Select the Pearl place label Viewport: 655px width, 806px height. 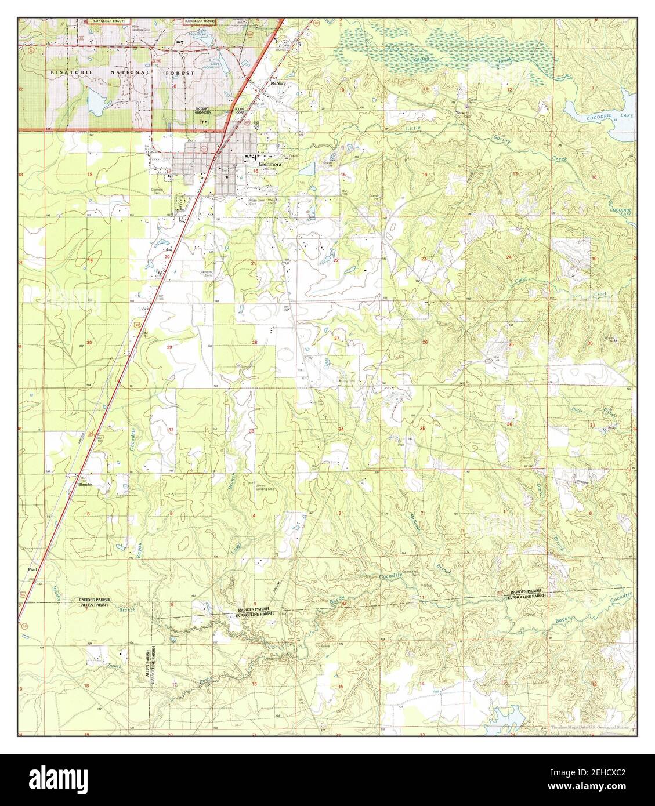click(32, 570)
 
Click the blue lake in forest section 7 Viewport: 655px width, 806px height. click(96, 103)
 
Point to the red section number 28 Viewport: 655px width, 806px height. click(254, 343)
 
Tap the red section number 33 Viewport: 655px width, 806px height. click(251, 431)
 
